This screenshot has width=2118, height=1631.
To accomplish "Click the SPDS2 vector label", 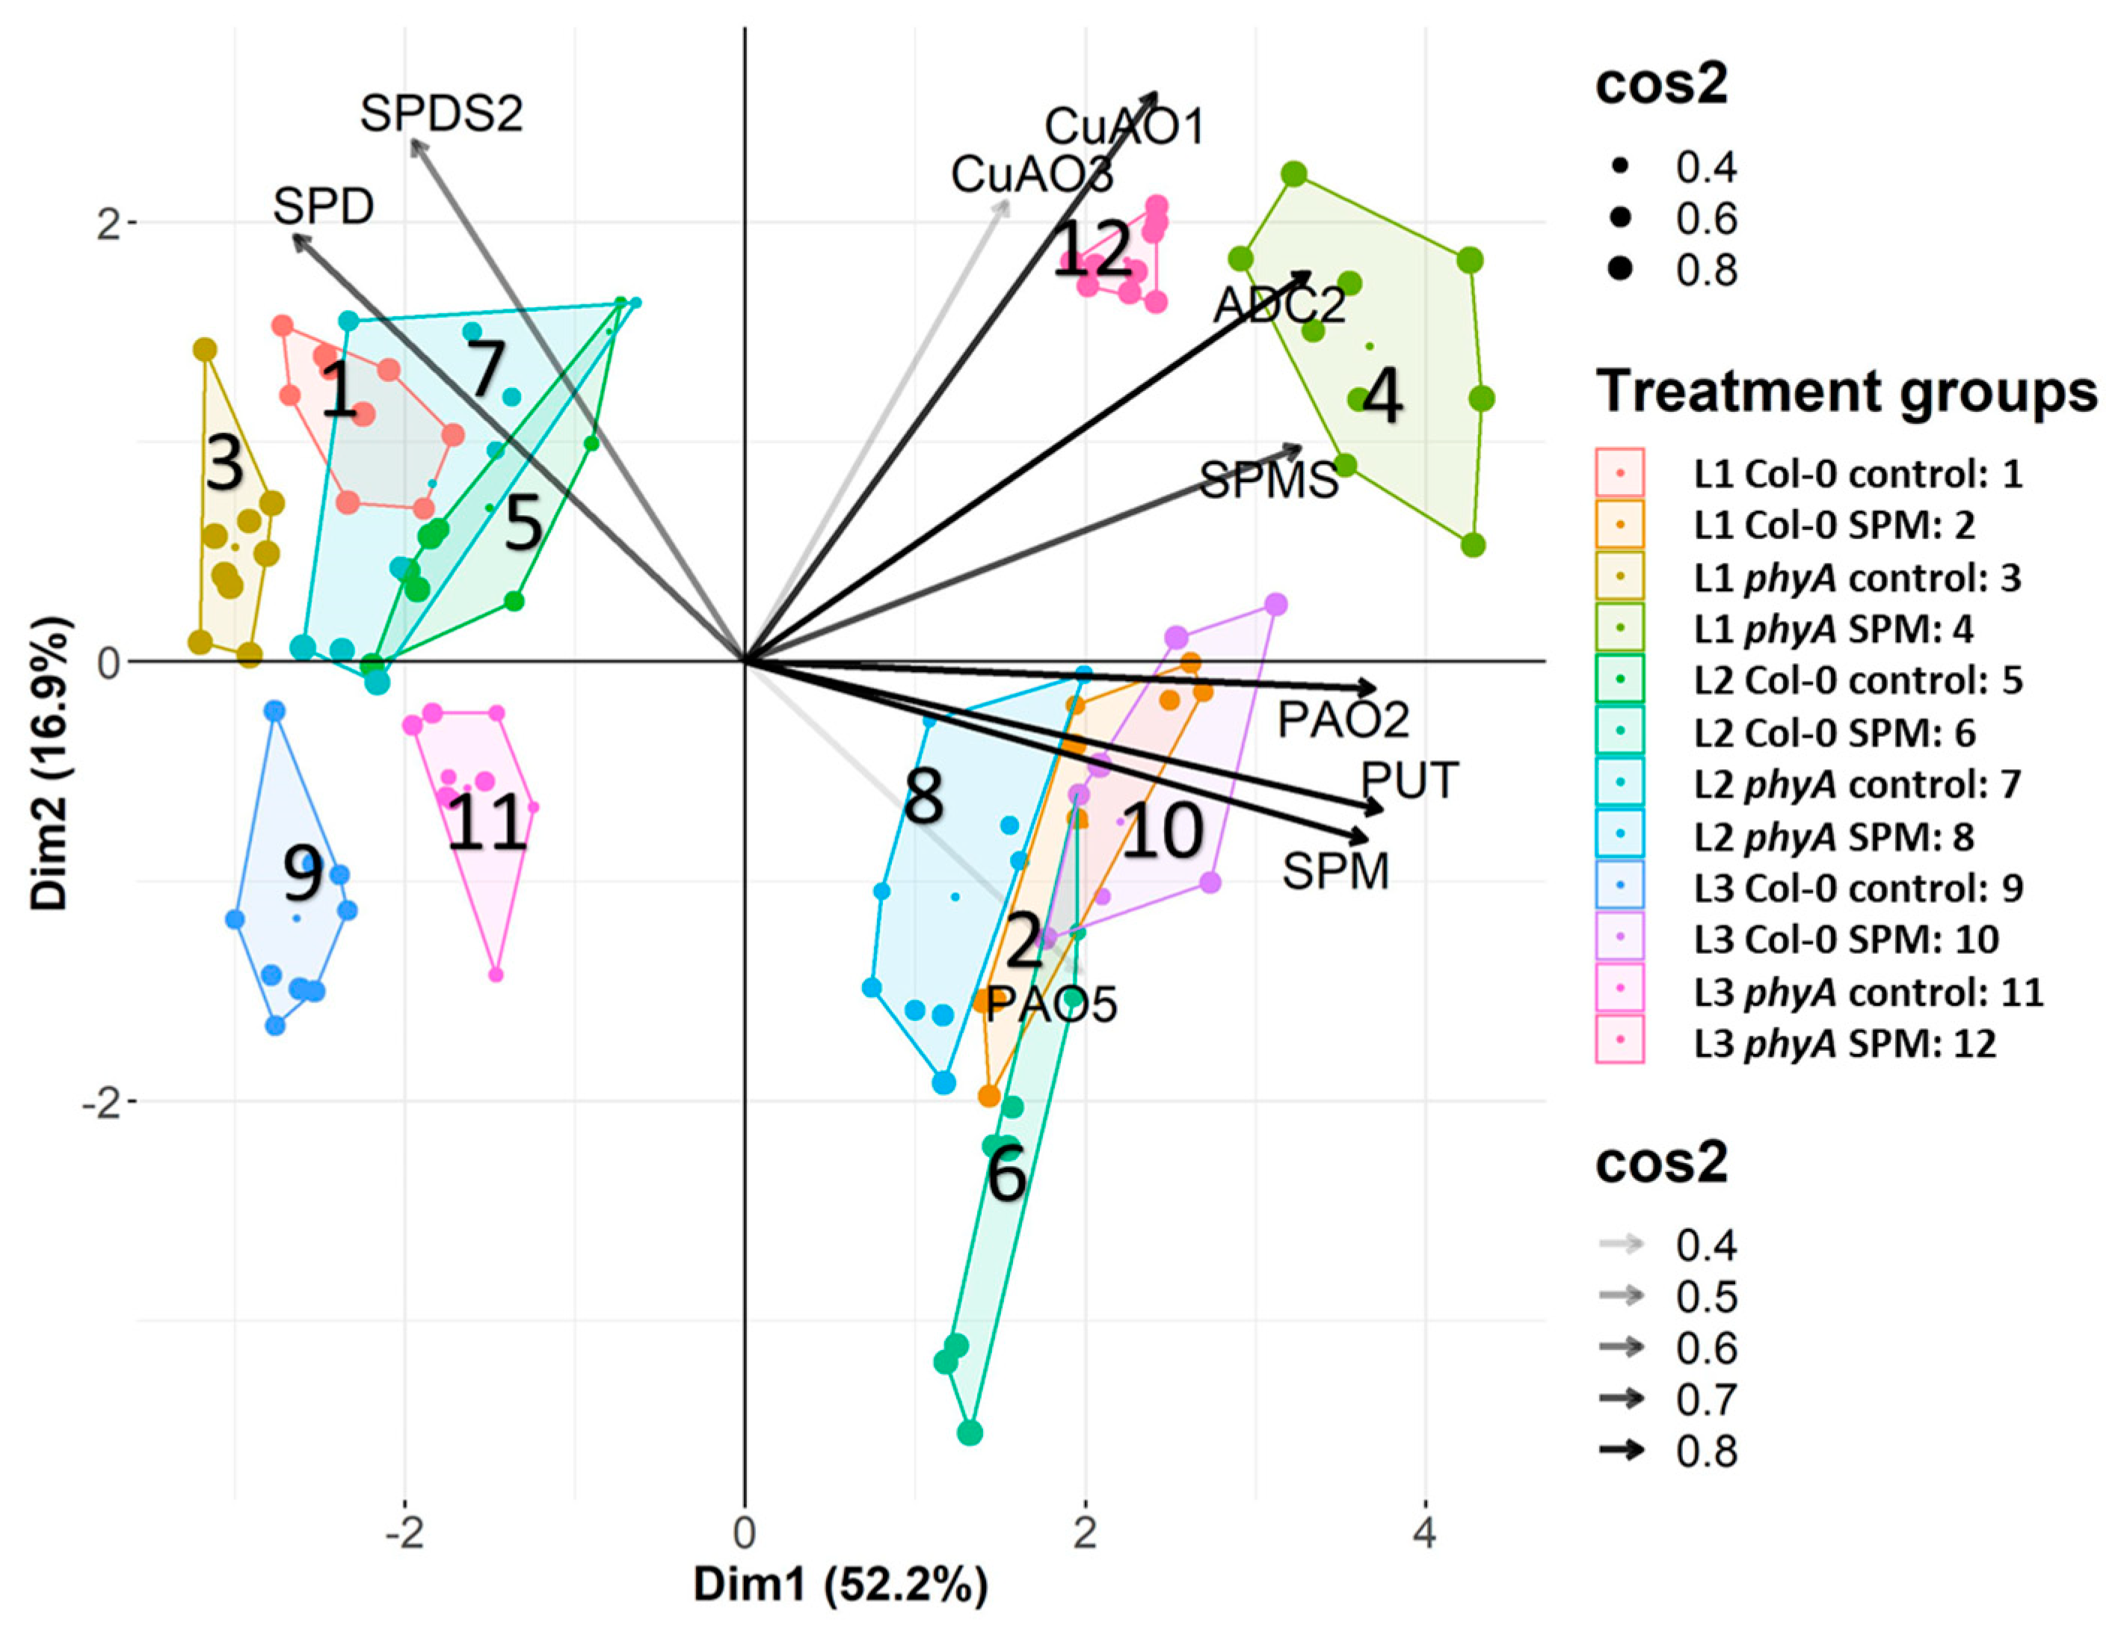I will coord(441,114).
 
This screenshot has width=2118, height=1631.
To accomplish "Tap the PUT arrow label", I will coord(1409,780).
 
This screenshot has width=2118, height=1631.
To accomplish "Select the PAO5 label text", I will coord(1052,1005).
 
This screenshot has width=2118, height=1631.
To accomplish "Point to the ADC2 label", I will coord(1279,306).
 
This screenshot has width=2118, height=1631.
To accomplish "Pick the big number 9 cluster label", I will coord(304,874).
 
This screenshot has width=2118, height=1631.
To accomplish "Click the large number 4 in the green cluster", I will coord(1382,397).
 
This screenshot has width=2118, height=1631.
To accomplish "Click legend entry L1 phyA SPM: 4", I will coord(1833,629).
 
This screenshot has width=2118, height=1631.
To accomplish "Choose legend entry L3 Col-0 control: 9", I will coord(1857,888).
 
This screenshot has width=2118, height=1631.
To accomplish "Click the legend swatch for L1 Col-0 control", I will coord(1619,473).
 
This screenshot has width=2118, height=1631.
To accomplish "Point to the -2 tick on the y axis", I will coord(104,1102).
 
